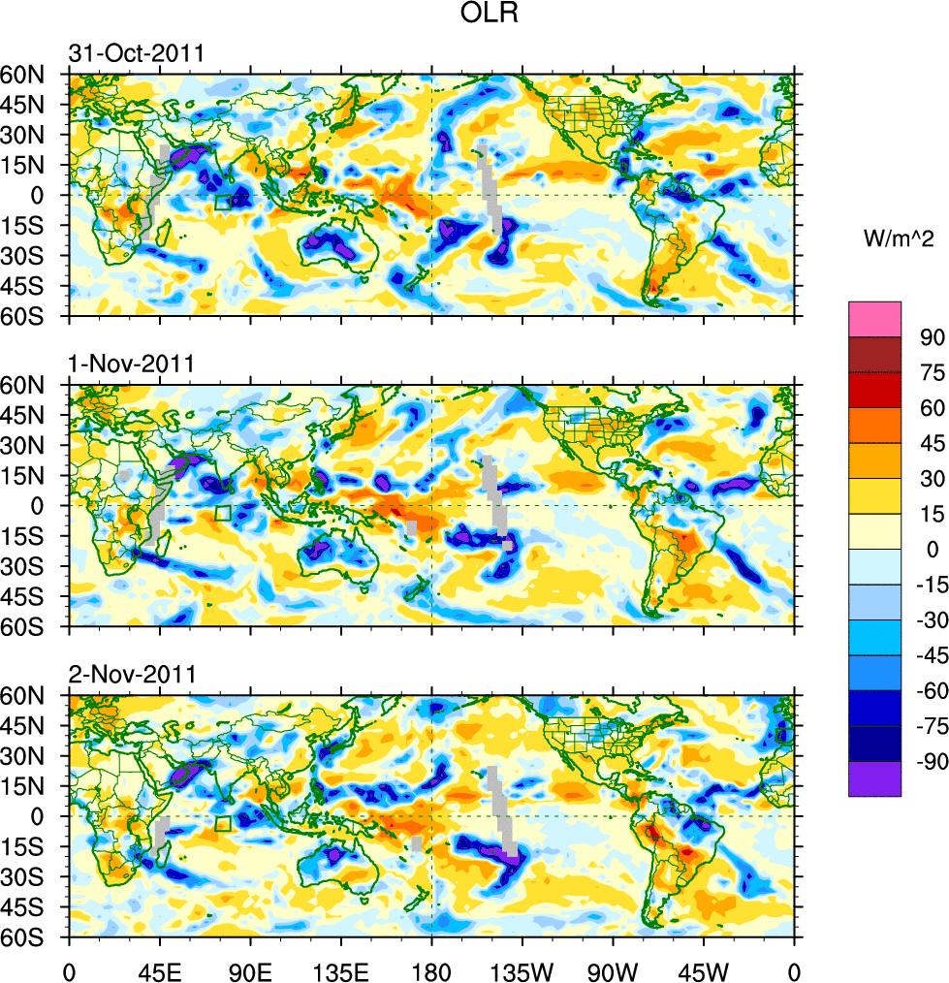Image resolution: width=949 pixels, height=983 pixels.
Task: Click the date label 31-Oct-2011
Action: click(x=136, y=53)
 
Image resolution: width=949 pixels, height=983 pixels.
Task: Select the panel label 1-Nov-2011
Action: click(x=131, y=365)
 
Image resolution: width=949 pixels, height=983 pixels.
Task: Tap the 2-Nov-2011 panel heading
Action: click(x=131, y=674)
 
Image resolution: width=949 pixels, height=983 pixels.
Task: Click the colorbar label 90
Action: click(x=932, y=337)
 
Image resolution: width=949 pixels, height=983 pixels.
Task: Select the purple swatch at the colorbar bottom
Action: click(x=874, y=779)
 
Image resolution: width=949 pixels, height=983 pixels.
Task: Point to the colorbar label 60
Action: click(x=932, y=408)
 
